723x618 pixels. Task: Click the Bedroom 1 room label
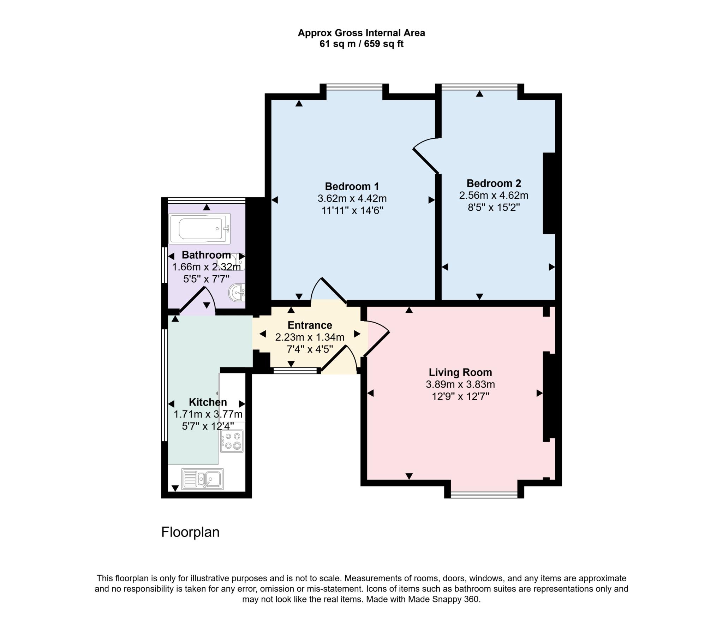(352, 186)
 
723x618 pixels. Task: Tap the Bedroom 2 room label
(494, 183)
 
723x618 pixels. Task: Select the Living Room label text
(460, 372)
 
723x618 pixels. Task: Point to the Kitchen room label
(208, 402)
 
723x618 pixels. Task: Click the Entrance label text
(310, 325)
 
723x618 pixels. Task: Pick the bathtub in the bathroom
(199, 228)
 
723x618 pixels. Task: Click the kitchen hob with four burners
(232, 441)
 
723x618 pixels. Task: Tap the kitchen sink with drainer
(202, 479)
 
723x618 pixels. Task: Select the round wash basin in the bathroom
(237, 293)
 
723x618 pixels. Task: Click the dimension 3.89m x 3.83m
(460, 384)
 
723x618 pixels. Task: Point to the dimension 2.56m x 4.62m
(494, 195)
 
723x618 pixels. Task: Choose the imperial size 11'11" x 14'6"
(352, 210)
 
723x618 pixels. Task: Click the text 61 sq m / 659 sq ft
(361, 44)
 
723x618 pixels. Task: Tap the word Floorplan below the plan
(190, 532)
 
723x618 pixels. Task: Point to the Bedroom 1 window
(354, 87)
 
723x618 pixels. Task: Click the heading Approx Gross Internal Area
(361, 33)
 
